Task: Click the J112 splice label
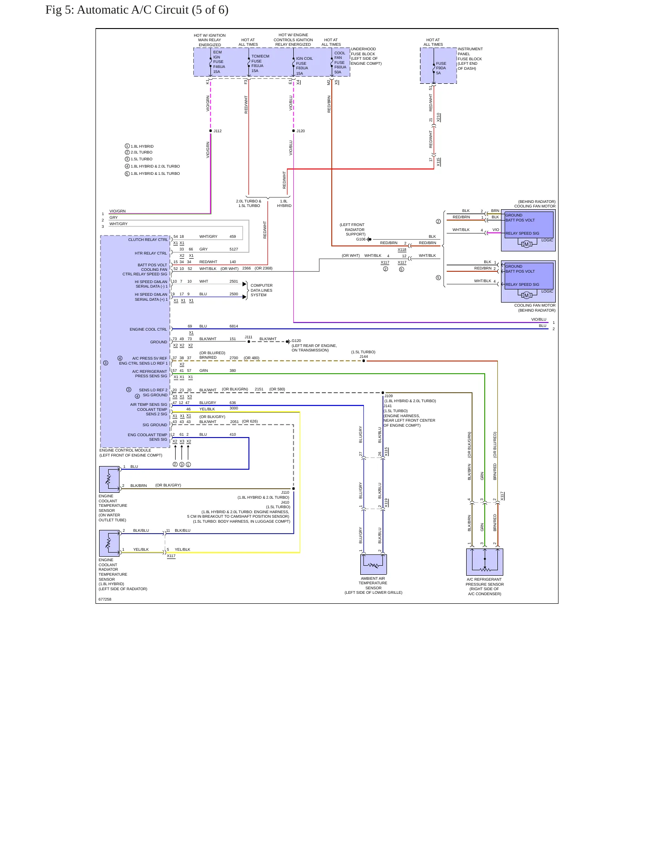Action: pyautogui.click(x=218, y=131)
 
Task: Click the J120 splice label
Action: pyautogui.click(x=301, y=131)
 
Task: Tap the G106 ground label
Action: pyautogui.click(x=361, y=239)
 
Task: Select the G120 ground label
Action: pyautogui.click(x=296, y=341)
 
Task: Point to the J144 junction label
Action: pyautogui.click(x=364, y=356)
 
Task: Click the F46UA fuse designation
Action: pyautogui.click(x=219, y=67)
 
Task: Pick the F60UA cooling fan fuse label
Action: pyautogui.click(x=340, y=67)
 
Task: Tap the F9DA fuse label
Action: pyautogui.click(x=441, y=68)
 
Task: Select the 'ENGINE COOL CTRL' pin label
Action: pyautogui.click(x=148, y=329)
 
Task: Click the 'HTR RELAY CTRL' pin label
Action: pyautogui.click(x=151, y=253)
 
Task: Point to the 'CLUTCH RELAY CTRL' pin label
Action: pyautogui.click(x=148, y=240)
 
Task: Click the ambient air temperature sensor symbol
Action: pyautogui.click(x=373, y=564)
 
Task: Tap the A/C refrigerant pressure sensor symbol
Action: pyautogui.click(x=485, y=562)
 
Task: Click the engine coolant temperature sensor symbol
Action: pyautogui.click(x=109, y=479)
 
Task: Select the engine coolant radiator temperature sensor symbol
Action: pyautogui.click(x=109, y=543)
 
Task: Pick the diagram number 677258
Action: pyautogui.click(x=105, y=599)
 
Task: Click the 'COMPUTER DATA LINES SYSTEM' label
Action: pyautogui.click(x=262, y=290)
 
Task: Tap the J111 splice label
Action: pyautogui.click(x=248, y=337)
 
